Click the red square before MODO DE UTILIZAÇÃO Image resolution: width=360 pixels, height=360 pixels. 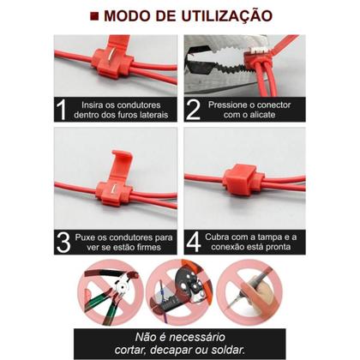93,15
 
